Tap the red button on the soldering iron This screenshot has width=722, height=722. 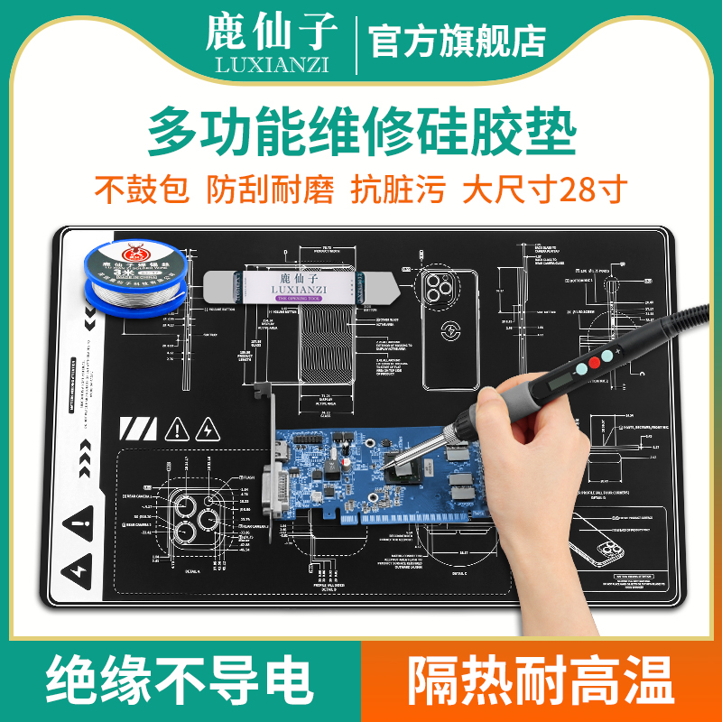(x=594, y=364)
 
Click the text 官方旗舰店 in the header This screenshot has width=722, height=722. (x=458, y=41)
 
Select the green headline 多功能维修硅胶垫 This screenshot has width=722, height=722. (x=361, y=133)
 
